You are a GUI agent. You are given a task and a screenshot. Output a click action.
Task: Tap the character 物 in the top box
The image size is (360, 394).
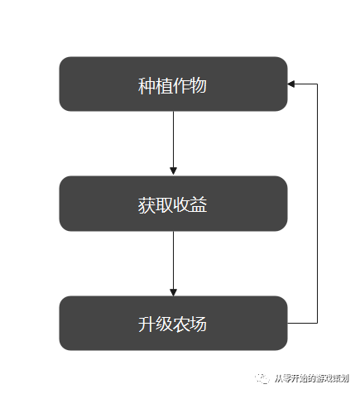click(199, 84)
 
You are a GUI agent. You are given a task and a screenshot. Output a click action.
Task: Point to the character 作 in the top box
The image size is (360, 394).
click(182, 84)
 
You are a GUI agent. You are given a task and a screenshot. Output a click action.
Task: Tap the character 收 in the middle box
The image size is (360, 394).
click(182, 204)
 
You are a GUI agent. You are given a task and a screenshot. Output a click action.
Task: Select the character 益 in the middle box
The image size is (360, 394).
click(199, 204)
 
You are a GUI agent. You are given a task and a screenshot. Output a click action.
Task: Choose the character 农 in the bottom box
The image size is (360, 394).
click(182, 324)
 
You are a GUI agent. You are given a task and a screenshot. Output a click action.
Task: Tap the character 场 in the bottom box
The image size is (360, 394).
click(199, 324)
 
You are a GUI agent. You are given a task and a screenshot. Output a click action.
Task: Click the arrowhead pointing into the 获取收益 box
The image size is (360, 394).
click(173, 171)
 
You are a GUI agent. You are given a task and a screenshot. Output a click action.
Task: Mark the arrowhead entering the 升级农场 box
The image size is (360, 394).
click(173, 291)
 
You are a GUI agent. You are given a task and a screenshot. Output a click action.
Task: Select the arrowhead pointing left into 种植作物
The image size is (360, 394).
click(291, 84)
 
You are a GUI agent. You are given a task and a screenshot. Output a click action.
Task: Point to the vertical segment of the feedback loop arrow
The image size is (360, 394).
click(317, 203)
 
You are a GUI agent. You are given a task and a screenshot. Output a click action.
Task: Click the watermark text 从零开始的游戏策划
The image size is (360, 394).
click(313, 376)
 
